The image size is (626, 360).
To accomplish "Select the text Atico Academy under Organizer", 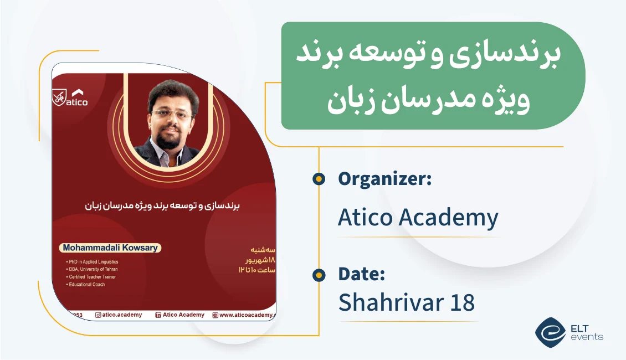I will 418,218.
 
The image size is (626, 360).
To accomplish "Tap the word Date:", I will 361,274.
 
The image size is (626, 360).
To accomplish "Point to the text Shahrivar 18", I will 406,302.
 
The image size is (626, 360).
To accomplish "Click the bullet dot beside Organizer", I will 319,179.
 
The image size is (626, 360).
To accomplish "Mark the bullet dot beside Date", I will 319,275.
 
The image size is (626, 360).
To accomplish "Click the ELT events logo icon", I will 550,332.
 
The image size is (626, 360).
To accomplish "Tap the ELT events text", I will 586,332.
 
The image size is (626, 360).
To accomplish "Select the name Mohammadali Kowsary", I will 110,248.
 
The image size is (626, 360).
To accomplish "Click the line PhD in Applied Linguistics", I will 93,261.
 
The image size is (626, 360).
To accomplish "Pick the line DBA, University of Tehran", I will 93,269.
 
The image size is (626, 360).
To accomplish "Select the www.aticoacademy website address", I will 247,315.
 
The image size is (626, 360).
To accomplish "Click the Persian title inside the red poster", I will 163,205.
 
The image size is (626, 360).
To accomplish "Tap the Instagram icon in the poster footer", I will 98,315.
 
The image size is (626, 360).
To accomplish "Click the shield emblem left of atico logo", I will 58,97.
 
